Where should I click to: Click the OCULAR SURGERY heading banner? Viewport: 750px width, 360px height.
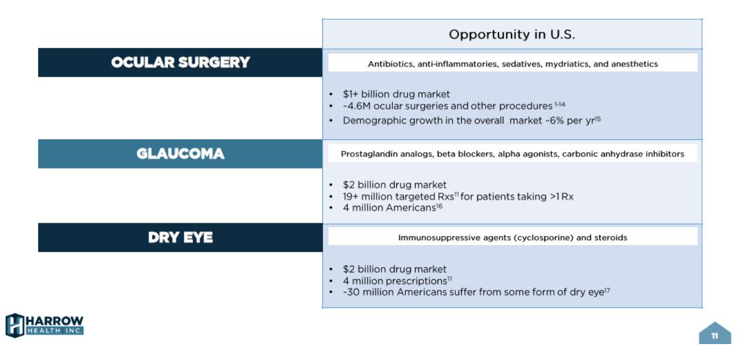click(180, 63)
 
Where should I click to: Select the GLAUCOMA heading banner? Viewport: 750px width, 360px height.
click(180, 154)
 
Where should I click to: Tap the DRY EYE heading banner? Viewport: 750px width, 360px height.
click(180, 238)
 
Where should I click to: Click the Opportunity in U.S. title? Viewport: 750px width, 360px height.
click(512, 35)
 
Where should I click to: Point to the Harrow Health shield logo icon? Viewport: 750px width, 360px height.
click(14, 325)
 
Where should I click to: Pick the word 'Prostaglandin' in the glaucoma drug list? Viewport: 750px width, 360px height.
click(366, 154)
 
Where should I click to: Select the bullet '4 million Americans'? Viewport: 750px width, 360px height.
click(389, 208)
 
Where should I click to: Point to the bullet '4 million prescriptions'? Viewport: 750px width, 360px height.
click(394, 281)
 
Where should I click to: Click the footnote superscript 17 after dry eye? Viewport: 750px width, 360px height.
click(607, 290)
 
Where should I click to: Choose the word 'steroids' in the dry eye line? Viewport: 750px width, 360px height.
click(611, 238)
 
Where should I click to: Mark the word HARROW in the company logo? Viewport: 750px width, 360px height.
click(55, 321)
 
